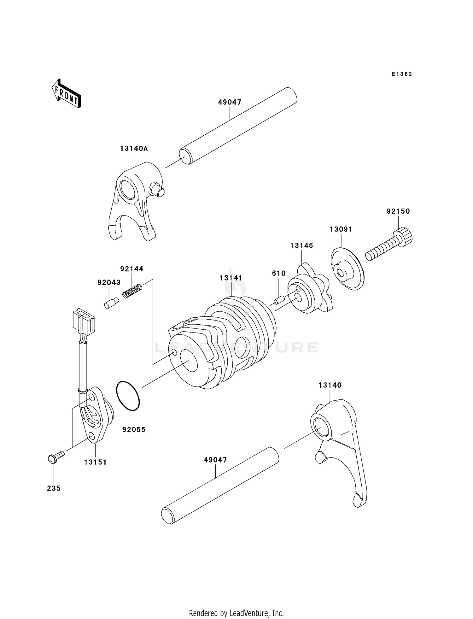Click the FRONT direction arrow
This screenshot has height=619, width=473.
point(66,94)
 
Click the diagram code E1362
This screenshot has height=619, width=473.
point(402,74)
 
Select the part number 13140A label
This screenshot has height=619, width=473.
point(134,148)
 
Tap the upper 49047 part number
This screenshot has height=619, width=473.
point(230,102)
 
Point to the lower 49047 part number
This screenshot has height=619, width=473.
point(215,460)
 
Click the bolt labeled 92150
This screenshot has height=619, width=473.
point(389,244)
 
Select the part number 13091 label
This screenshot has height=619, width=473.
point(341,229)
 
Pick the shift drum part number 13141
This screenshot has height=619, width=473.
point(231,278)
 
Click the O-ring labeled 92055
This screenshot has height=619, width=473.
point(128,396)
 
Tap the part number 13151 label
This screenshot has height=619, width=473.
point(95,462)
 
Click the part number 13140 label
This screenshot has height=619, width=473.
point(330,385)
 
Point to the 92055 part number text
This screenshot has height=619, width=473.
point(134,430)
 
